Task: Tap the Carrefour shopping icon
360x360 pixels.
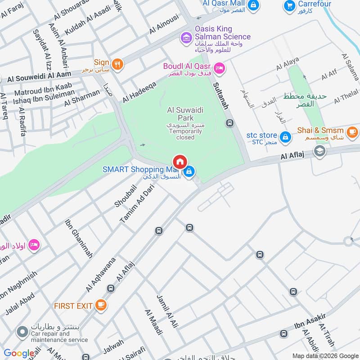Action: [289, 6]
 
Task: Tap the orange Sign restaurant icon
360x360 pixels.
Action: [117, 64]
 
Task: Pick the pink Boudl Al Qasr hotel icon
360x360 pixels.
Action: [220, 68]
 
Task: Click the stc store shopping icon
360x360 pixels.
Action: [284, 136]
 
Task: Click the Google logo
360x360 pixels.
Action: [19, 354]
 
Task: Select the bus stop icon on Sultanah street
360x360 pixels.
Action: [229, 122]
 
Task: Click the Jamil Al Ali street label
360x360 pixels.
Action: [167, 310]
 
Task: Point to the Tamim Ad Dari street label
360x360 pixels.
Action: [135, 205]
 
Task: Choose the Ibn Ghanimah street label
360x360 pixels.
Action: [79, 238]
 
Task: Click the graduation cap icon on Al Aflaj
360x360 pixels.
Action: [319, 151]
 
